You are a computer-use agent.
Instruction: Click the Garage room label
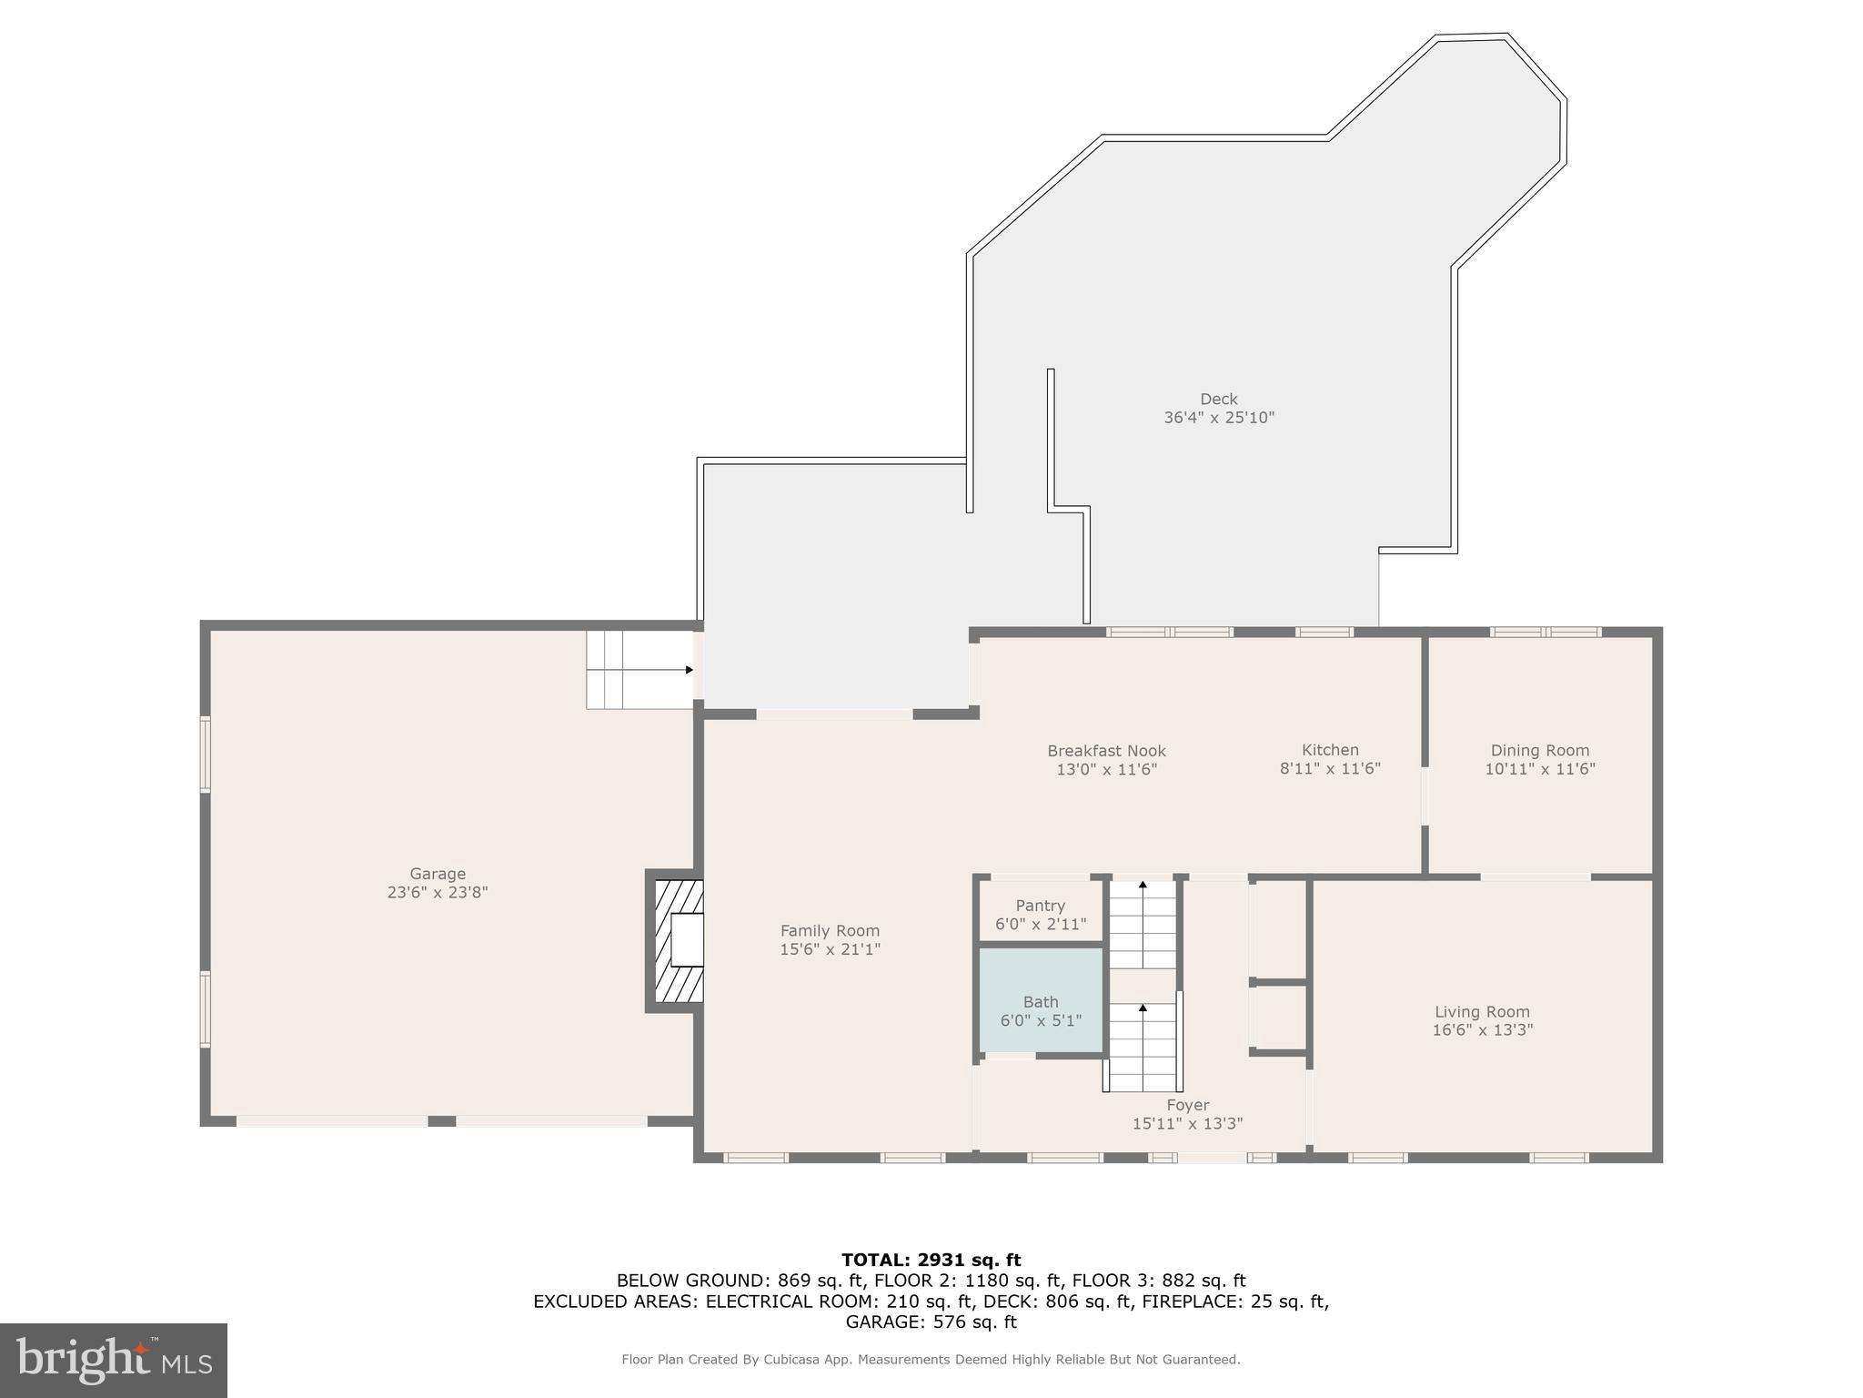pos(437,874)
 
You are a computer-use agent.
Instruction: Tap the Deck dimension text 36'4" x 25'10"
pos(1219,418)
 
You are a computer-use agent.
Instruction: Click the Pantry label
pos(1040,906)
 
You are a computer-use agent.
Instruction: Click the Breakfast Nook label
pos(1106,751)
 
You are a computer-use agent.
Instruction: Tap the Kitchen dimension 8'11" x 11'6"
pos(1330,768)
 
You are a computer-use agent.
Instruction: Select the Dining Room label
pos(1539,750)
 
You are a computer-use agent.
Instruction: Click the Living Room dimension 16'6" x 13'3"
pos(1482,1030)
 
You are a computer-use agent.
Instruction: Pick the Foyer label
pos(1187,1105)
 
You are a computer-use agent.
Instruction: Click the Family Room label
pos(830,930)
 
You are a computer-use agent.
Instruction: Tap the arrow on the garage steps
pos(689,670)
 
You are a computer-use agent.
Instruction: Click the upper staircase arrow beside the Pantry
pos(1143,884)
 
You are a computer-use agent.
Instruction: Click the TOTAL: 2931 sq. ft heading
pos(931,1261)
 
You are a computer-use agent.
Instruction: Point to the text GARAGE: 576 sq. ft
pos(931,1322)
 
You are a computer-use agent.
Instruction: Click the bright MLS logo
pos(114,1361)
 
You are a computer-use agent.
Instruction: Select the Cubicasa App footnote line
pos(931,1360)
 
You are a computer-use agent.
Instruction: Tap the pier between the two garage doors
pos(441,1121)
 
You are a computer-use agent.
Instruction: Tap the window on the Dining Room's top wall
pos(1545,632)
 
